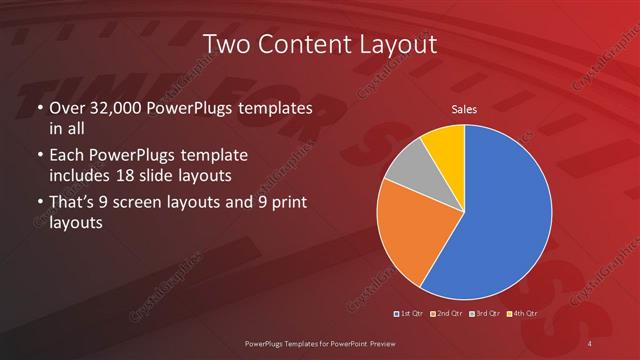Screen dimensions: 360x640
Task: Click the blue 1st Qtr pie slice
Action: click(500, 215)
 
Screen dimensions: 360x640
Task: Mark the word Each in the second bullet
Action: click(67, 156)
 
